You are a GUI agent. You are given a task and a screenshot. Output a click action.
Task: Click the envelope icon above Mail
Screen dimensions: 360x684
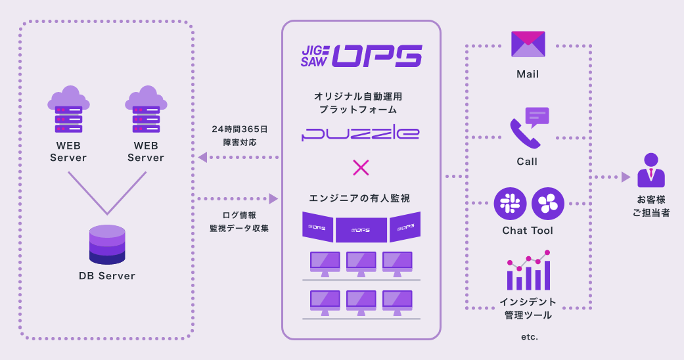click(x=528, y=45)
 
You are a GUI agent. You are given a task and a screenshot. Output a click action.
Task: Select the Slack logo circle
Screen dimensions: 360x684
click(x=510, y=203)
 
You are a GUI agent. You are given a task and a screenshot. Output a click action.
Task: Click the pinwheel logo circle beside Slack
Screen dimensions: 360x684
click(x=547, y=203)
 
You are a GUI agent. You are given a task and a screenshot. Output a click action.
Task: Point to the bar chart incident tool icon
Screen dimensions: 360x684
click(x=528, y=271)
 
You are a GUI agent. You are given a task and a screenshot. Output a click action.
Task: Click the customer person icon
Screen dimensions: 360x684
click(x=650, y=171)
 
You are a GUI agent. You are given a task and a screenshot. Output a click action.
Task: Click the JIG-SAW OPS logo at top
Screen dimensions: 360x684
click(x=361, y=56)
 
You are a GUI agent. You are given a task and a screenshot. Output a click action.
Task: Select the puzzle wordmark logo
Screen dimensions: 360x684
click(x=361, y=134)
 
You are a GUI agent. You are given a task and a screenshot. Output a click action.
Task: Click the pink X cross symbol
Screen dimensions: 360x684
click(x=361, y=168)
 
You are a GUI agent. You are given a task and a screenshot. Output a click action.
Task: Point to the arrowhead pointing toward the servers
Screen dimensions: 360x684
click(x=203, y=157)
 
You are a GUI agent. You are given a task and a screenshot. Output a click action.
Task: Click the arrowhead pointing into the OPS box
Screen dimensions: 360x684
click(x=273, y=198)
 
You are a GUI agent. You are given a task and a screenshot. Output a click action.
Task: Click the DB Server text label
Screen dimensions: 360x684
click(x=107, y=276)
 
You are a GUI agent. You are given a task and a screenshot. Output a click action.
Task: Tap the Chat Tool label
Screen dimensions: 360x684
click(x=528, y=231)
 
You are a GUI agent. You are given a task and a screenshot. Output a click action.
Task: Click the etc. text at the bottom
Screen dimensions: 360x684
click(x=528, y=336)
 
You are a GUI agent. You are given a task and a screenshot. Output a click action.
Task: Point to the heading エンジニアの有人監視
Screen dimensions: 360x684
click(x=360, y=198)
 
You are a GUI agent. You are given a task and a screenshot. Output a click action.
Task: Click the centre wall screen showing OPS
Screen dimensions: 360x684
click(x=361, y=230)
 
